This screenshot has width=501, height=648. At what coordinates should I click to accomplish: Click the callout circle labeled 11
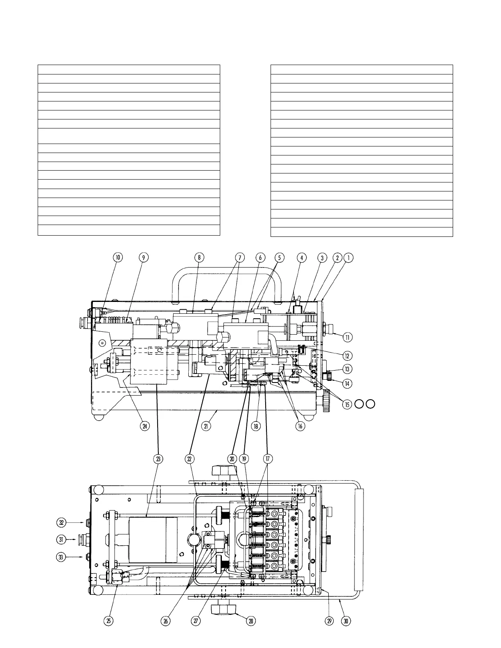[347, 337]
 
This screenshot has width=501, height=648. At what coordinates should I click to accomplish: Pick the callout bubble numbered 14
[347, 383]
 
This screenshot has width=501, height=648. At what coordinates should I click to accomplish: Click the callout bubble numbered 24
[144, 426]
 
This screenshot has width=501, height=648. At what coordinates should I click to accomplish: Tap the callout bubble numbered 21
[206, 426]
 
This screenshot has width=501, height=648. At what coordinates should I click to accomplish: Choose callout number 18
[256, 426]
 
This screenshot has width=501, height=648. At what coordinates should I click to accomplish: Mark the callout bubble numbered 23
[158, 459]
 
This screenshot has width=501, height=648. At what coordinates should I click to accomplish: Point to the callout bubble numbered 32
[61, 522]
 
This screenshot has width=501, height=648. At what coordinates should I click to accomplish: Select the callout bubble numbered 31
[61, 540]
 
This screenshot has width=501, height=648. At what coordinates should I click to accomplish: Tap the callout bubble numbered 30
[346, 621]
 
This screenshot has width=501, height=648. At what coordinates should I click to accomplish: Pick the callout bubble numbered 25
[108, 621]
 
